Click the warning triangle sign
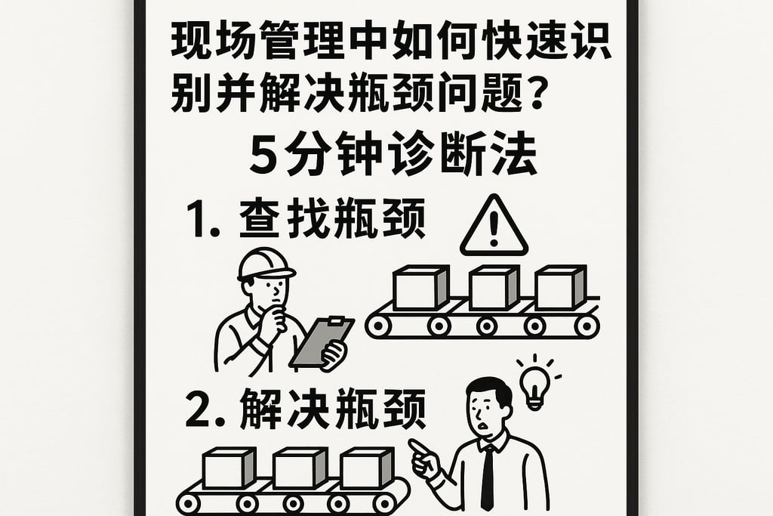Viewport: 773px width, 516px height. [494, 227]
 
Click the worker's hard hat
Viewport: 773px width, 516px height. [265, 264]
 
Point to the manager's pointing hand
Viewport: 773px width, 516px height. [425, 456]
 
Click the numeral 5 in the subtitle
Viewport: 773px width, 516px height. [263, 158]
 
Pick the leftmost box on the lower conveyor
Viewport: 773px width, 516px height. [229, 469]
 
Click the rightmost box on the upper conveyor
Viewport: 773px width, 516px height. [559, 288]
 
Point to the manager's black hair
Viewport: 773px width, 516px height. [488, 390]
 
